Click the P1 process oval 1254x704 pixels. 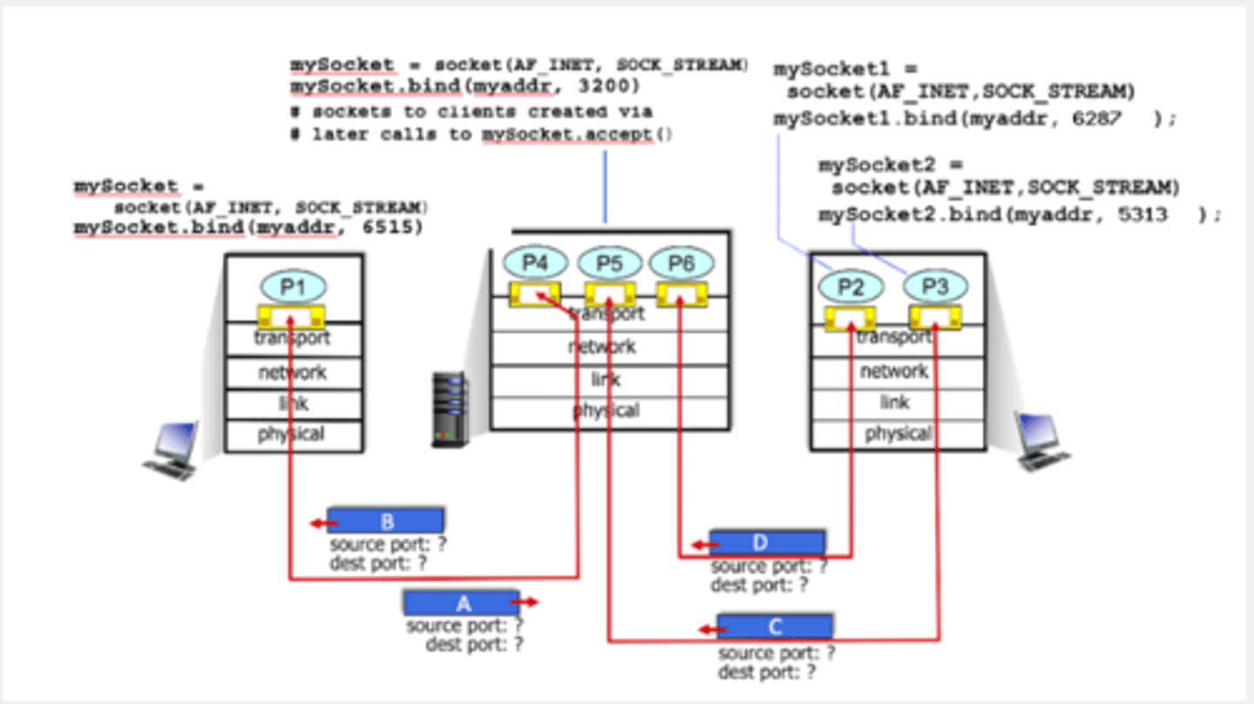(x=292, y=286)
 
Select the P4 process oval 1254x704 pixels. (x=535, y=263)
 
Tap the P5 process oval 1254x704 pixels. (x=609, y=263)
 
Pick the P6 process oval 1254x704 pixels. (x=681, y=263)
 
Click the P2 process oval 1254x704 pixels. (x=851, y=286)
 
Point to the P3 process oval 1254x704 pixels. (x=934, y=286)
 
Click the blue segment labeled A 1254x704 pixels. (x=462, y=602)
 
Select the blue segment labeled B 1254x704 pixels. (x=386, y=520)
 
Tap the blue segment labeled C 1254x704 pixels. (x=774, y=627)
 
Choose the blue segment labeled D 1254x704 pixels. (x=766, y=543)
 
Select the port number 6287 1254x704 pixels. (x=1096, y=119)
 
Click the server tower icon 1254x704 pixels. (x=449, y=410)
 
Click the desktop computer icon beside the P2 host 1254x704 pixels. (x=1042, y=440)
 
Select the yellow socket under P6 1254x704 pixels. (x=681, y=295)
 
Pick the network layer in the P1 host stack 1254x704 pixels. (x=293, y=372)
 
